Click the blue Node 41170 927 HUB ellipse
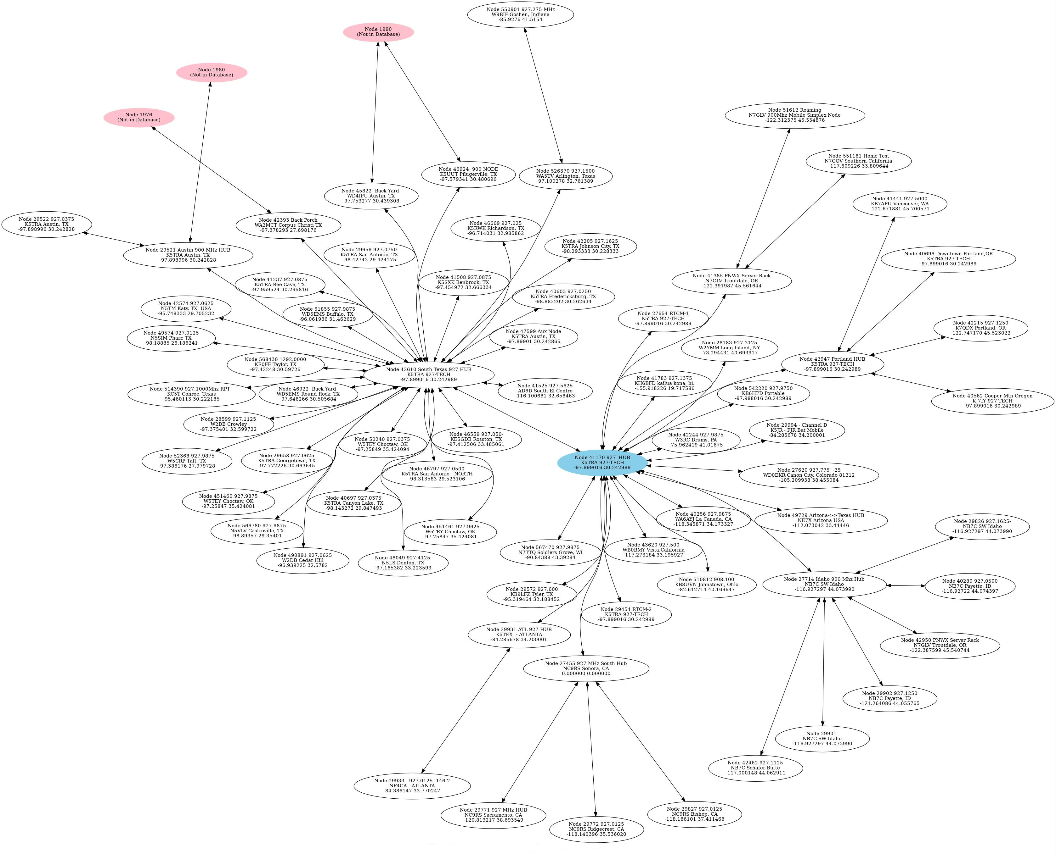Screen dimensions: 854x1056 pos(602,463)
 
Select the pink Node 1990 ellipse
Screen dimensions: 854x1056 pos(378,32)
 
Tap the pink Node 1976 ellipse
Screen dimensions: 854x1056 pos(139,118)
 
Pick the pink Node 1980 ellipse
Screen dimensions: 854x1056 pos(212,72)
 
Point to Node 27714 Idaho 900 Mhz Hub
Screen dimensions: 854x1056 pos(824,584)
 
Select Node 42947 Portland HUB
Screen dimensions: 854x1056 pos(832,364)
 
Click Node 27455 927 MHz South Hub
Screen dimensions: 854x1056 pos(586,668)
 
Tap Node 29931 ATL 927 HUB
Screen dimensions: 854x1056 pos(519,634)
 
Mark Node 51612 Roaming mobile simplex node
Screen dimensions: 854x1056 pos(794,115)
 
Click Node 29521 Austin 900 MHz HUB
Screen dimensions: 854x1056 pos(188,255)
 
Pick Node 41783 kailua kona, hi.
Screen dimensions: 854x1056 pos(664,383)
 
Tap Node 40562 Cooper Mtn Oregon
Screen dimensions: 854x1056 pos(992,401)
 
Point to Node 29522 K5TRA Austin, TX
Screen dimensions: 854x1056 pos(47,224)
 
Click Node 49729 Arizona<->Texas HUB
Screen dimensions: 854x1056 pos(821,520)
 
